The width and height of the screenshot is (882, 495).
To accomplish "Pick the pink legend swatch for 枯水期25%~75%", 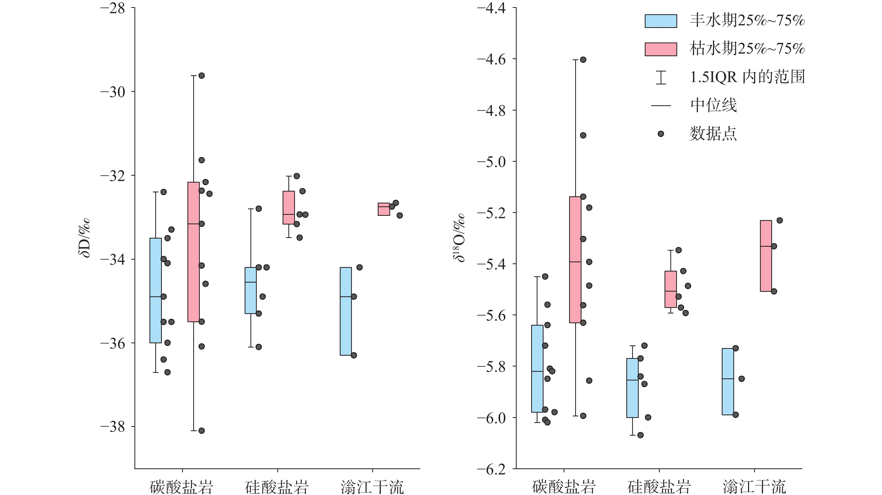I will click(661, 49).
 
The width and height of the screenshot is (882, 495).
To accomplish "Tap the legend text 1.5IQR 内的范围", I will click(747, 77).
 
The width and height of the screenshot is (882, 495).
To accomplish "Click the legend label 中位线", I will click(713, 105).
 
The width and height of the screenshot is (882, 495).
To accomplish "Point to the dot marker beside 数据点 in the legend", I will click(661, 134).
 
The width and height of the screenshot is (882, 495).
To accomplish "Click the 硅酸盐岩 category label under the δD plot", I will click(277, 487).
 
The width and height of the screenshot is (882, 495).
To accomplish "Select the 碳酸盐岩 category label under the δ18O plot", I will click(564, 487).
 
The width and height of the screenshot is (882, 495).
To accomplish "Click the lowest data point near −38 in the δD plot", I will click(202, 431).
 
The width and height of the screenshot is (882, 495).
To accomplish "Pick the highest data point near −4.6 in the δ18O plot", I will click(583, 60).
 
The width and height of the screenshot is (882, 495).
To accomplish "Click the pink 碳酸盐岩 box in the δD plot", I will click(193, 252).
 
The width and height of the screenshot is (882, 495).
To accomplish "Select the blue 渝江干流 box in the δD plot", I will click(346, 311).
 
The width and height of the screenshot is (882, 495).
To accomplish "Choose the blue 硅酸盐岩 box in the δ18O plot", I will click(632, 388).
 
